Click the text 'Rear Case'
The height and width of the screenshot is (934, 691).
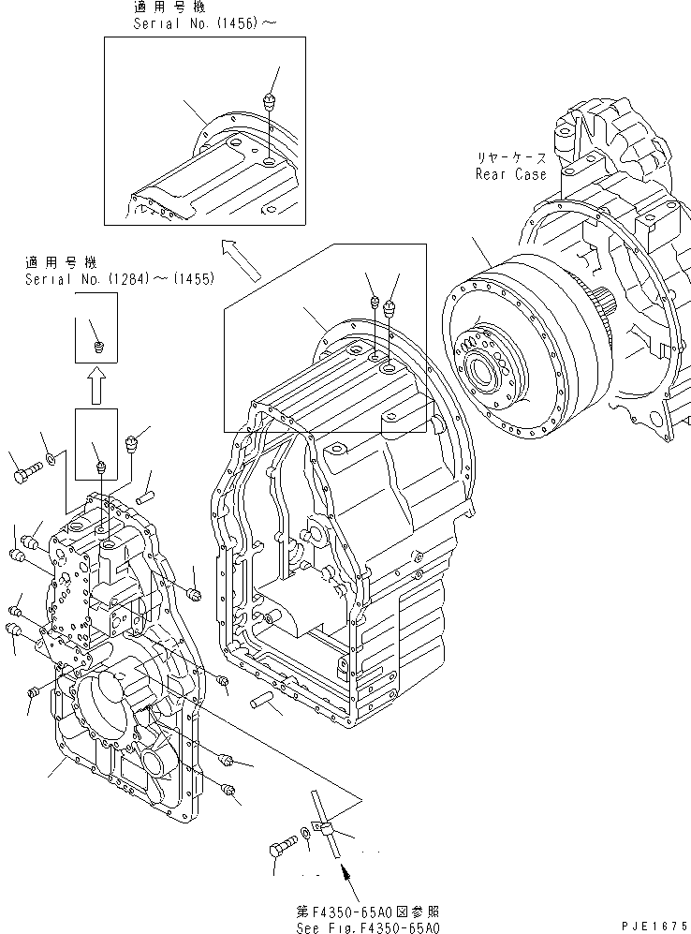(x=510, y=174)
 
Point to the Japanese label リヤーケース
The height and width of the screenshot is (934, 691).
(x=512, y=159)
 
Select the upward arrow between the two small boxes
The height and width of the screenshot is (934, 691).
(x=96, y=384)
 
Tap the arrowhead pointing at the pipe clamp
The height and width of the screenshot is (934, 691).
(x=347, y=874)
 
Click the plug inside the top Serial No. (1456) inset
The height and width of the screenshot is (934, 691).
(x=270, y=99)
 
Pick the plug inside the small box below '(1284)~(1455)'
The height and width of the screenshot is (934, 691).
(x=101, y=348)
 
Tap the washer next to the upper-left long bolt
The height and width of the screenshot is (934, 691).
(x=52, y=459)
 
